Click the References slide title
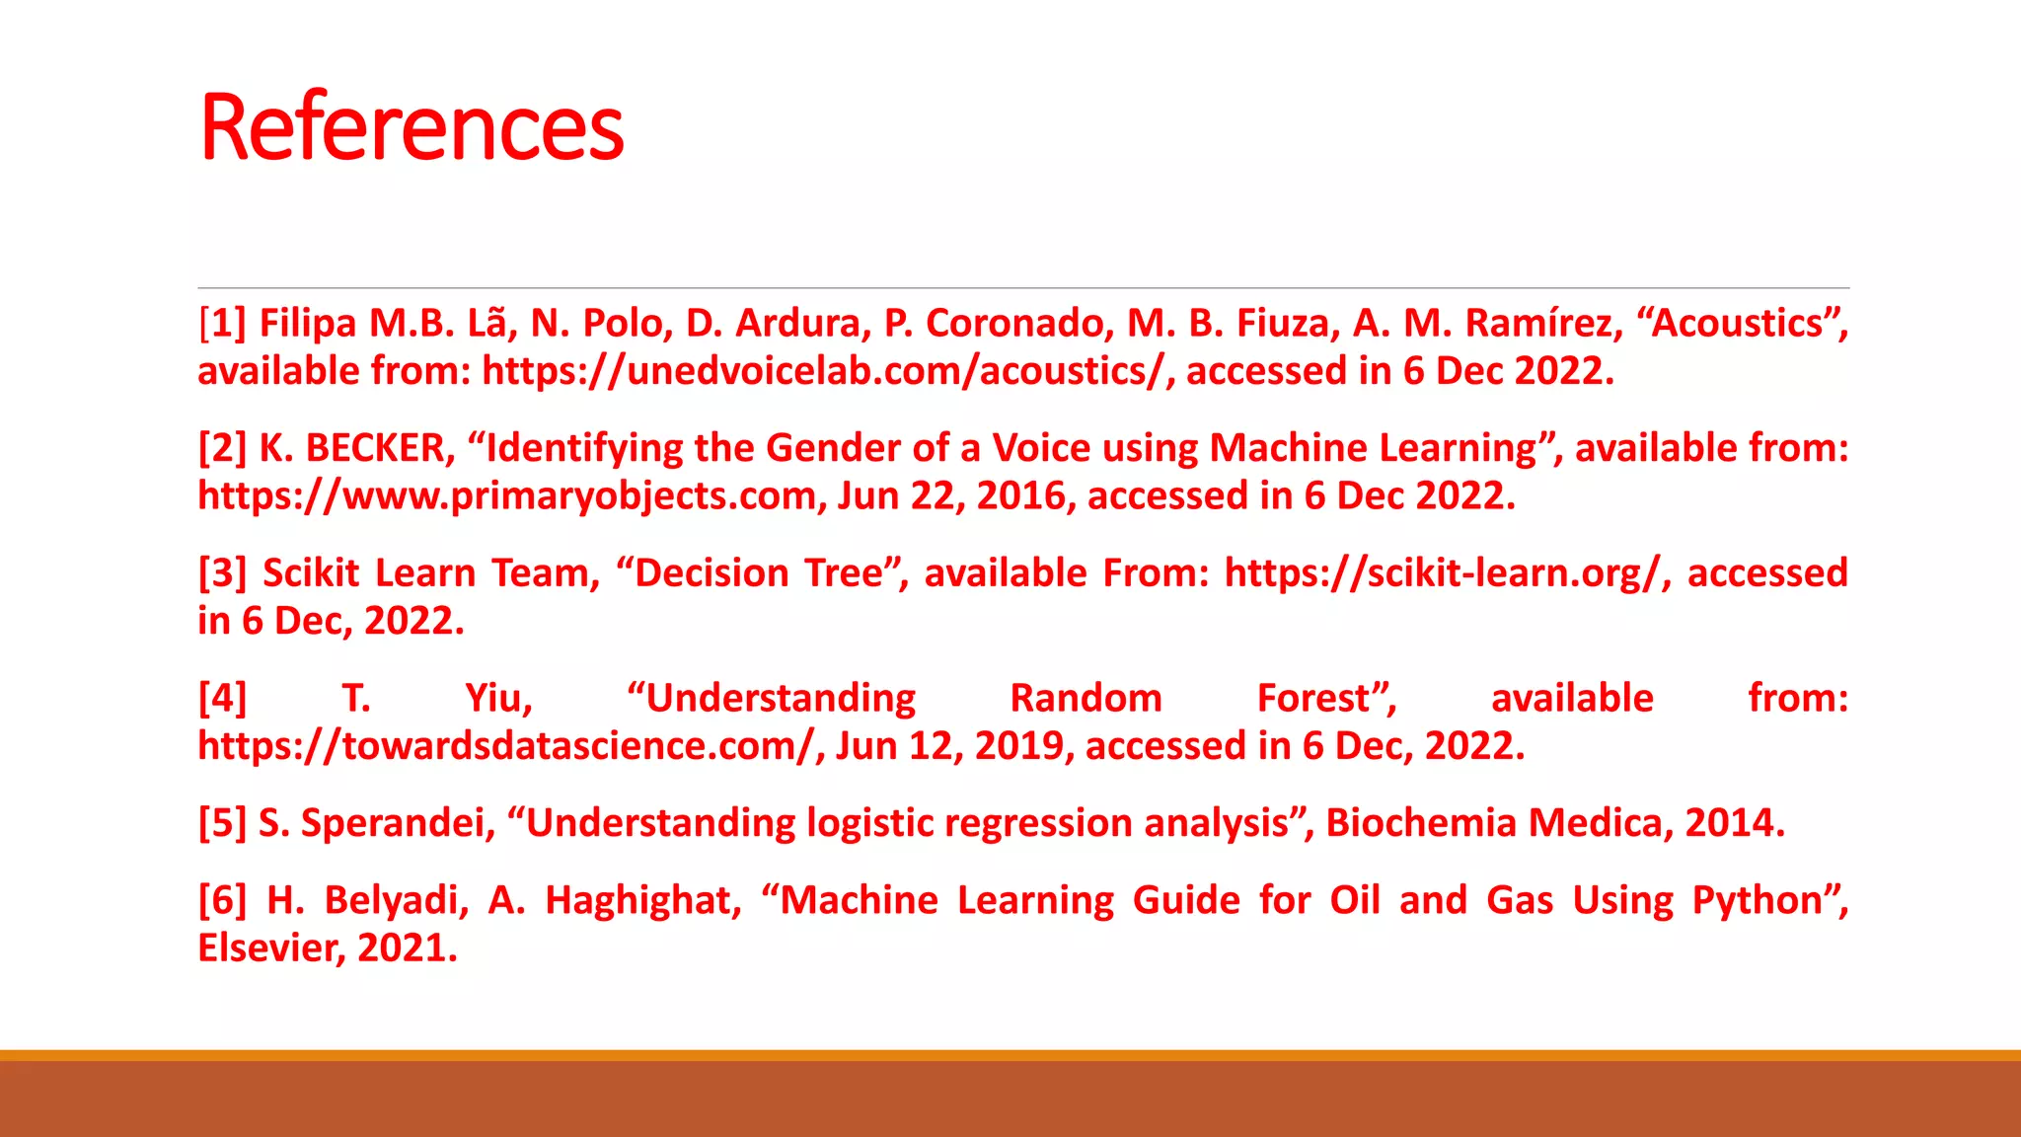tap(412, 127)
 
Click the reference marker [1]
tap(222, 324)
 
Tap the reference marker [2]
tap(222, 448)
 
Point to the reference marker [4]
tap(222, 699)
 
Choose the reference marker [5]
tap(222, 823)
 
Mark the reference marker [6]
tap(222, 900)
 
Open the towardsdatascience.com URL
tap(507, 746)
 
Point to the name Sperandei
tap(397, 823)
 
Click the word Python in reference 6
tap(1756, 900)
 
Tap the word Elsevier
tap(270, 948)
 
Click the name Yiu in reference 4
tap(497, 699)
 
